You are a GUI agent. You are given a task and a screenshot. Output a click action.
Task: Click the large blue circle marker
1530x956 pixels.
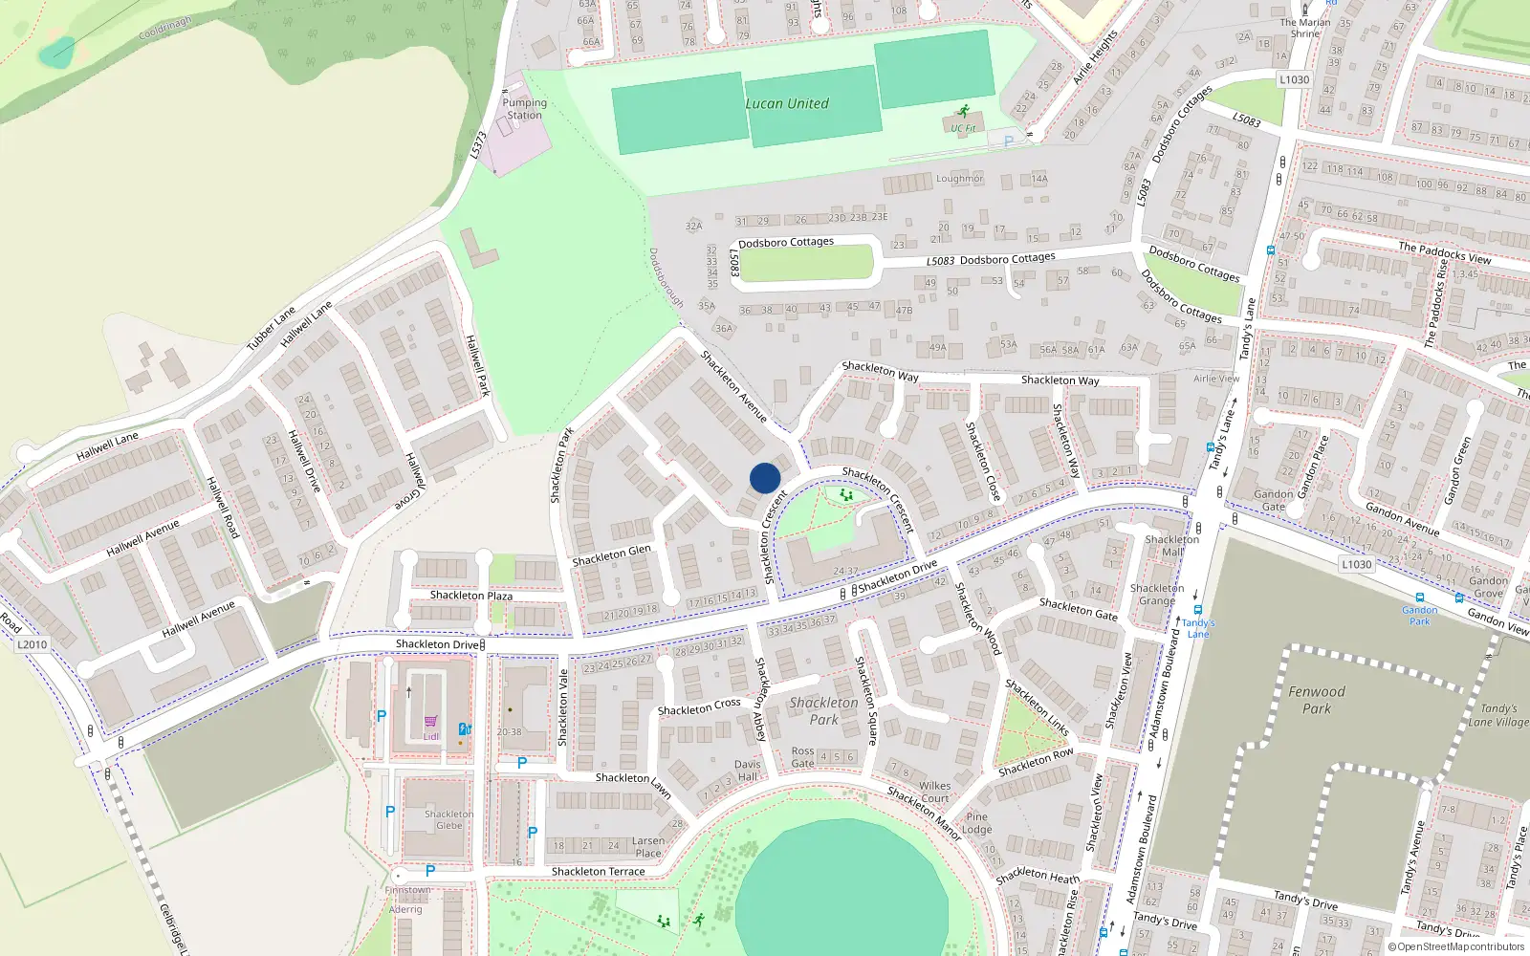tap(765, 478)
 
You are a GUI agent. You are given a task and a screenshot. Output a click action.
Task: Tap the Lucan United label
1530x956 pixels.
tap(787, 103)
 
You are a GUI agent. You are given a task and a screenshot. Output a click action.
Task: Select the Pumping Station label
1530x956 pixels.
tap(524, 109)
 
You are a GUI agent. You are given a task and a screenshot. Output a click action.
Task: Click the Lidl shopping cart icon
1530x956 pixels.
tap(430, 722)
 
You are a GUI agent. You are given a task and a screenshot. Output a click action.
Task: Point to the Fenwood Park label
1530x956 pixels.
tap(1316, 700)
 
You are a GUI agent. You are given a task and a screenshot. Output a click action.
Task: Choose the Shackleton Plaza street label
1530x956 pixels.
tap(470, 596)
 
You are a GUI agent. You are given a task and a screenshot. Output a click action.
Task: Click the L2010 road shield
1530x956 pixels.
tap(32, 644)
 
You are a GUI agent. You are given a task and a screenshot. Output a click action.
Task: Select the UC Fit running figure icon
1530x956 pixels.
tap(963, 111)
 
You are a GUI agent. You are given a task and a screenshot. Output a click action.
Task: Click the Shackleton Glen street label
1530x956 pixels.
tap(611, 555)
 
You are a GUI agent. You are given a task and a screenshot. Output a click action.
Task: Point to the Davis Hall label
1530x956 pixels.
tap(748, 771)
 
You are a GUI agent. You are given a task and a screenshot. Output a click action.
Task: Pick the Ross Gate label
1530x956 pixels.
tap(803, 757)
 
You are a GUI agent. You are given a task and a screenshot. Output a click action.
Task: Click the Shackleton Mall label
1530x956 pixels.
tap(1172, 546)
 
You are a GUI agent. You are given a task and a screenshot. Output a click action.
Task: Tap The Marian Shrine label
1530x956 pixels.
tap(1305, 28)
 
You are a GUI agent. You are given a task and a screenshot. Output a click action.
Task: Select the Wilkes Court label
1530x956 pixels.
tap(935, 792)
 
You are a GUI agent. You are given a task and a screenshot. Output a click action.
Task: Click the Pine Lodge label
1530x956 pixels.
tap(976, 823)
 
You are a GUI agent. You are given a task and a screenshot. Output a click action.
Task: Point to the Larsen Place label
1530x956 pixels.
tap(647, 847)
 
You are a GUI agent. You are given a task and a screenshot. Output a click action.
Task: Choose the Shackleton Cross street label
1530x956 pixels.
tap(699, 707)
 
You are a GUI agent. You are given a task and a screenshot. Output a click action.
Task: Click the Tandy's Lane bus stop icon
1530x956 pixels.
tap(1197, 611)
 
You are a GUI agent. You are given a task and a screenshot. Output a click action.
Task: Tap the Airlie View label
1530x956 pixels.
tap(1216, 379)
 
